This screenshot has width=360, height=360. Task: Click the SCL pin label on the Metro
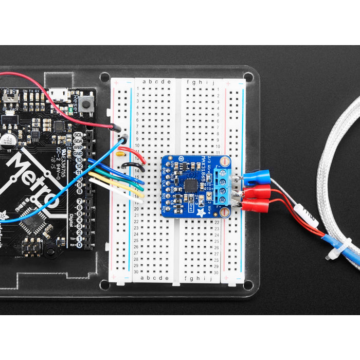(x=78, y=135)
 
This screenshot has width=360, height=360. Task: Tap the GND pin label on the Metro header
(x=78, y=154)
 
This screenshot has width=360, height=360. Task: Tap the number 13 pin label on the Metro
(x=79, y=160)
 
